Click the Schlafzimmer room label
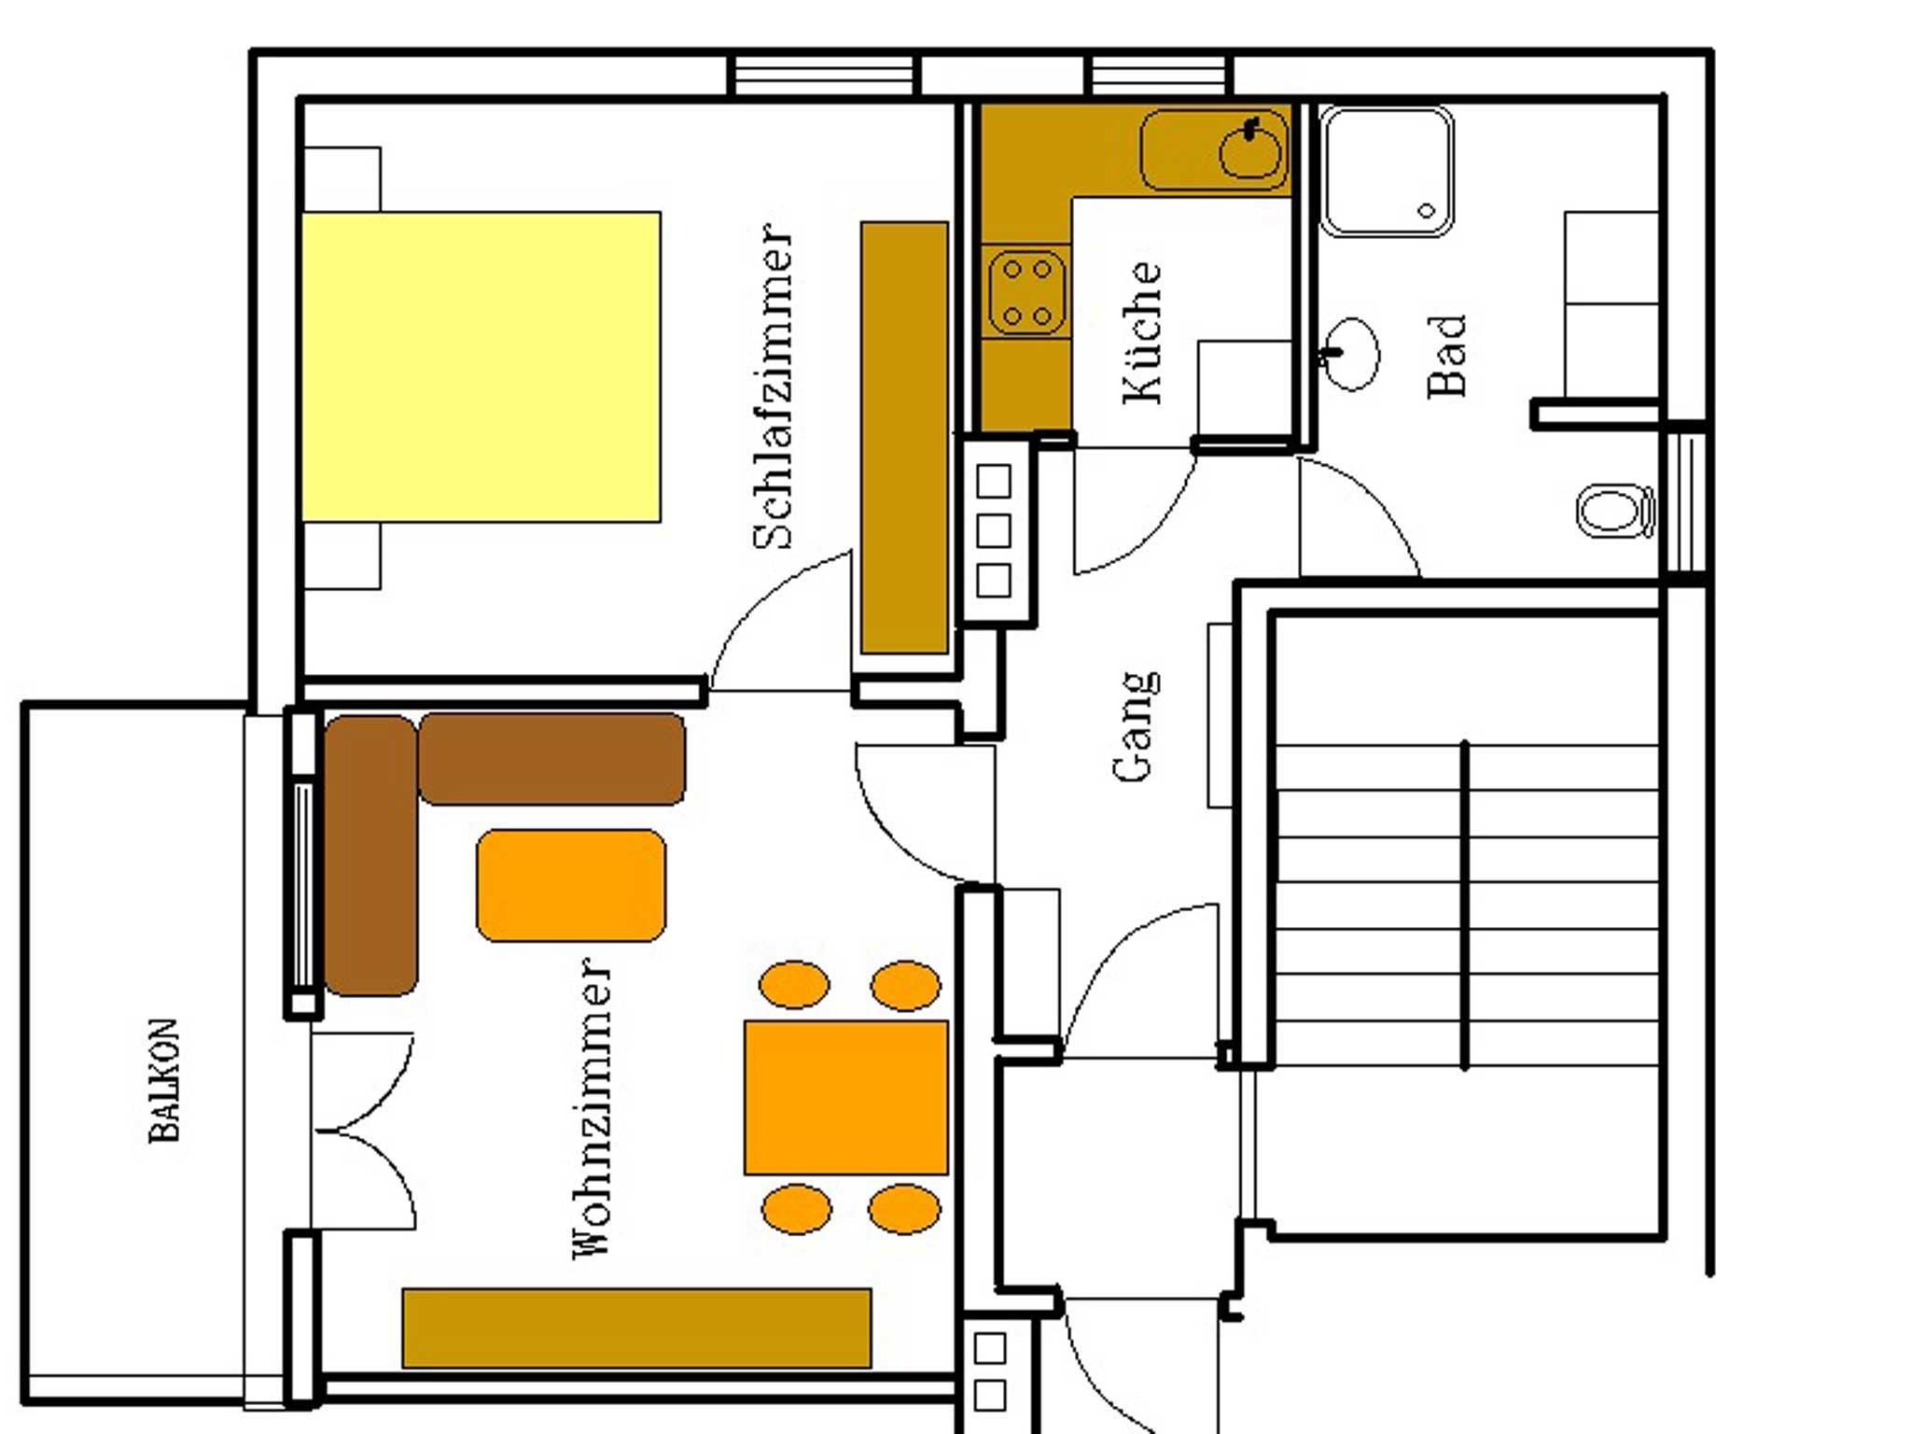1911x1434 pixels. pyautogui.click(x=774, y=386)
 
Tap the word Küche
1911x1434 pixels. pyautogui.click(x=1143, y=332)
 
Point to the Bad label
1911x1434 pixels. pyautogui.click(x=1447, y=356)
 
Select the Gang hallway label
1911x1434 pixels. pyautogui.click(x=1136, y=725)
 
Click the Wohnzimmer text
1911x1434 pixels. pyautogui.click(x=592, y=1107)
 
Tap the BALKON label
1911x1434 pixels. pyautogui.click(x=164, y=1080)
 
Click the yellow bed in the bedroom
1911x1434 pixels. pyautogui.click(x=481, y=367)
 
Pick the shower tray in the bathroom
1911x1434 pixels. pyautogui.click(x=1387, y=171)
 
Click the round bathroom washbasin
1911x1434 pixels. pyautogui.click(x=1349, y=354)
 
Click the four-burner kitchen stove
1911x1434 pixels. pyautogui.click(x=1026, y=292)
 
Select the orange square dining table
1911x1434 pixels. pyautogui.click(x=846, y=1097)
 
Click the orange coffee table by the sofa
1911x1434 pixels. pyautogui.click(x=571, y=885)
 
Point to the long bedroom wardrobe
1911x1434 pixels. pyautogui.click(x=904, y=437)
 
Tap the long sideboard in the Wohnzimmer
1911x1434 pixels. pyautogui.click(x=636, y=1328)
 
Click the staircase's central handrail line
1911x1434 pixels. pyautogui.click(x=1465, y=905)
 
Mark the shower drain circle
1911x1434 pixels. pyautogui.click(x=1427, y=211)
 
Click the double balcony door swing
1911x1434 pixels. pyautogui.click(x=363, y=1131)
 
